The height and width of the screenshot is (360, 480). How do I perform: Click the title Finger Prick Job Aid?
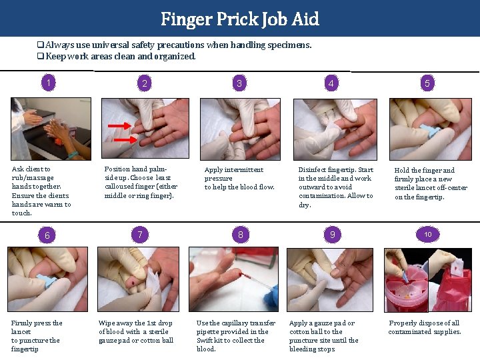[x=240, y=19]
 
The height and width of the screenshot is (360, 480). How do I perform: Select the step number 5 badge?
[x=427, y=83]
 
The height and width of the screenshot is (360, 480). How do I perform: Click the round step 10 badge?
[x=428, y=234]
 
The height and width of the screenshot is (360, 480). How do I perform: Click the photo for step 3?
[x=241, y=129]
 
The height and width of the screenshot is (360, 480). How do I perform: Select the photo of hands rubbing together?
[x=50, y=129]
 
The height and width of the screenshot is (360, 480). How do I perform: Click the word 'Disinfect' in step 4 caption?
[x=312, y=170]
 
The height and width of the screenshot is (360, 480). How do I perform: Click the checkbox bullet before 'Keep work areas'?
[x=41, y=57]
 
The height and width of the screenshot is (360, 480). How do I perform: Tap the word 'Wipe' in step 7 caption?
[x=107, y=323]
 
